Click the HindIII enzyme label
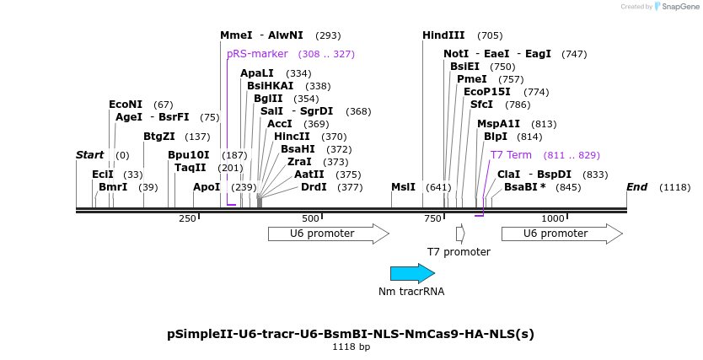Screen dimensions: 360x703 pyautogui.click(x=443, y=35)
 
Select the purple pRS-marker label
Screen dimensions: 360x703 pyautogui.click(x=257, y=54)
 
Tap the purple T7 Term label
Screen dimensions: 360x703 pyautogui.click(x=511, y=155)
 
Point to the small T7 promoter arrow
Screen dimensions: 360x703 pyautogui.click(x=460, y=234)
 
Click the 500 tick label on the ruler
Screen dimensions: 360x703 pyautogui.click(x=310, y=218)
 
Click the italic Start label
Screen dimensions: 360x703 pyautogui.click(x=90, y=155)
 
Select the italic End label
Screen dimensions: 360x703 pyautogui.click(x=637, y=187)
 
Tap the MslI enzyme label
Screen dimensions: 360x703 pyautogui.click(x=404, y=187)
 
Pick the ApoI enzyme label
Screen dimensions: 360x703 pyautogui.click(x=207, y=187)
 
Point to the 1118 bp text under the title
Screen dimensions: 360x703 pyautogui.click(x=351, y=347)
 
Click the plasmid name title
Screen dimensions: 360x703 pyautogui.click(x=351, y=334)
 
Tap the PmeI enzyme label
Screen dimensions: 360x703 pyautogui.click(x=472, y=79)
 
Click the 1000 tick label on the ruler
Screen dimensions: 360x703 pyautogui.click(x=552, y=218)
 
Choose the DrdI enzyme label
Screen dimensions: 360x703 pyautogui.click(x=314, y=187)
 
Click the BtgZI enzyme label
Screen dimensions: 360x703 pyautogui.click(x=159, y=137)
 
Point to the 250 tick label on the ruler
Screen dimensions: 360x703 pyautogui.click(x=187, y=218)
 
